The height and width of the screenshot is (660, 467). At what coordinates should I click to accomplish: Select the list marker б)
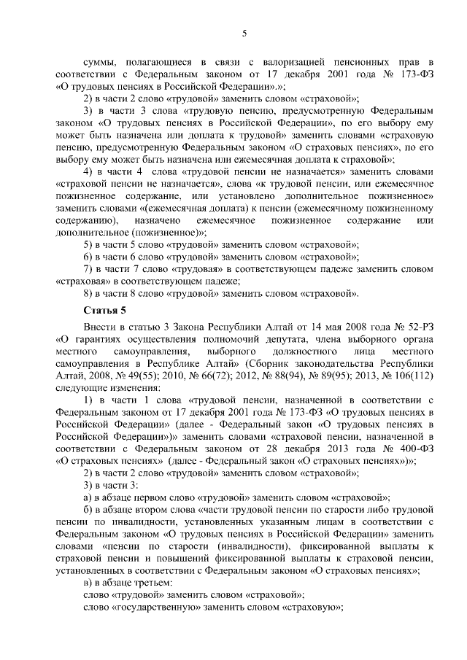tap(88, 508)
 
